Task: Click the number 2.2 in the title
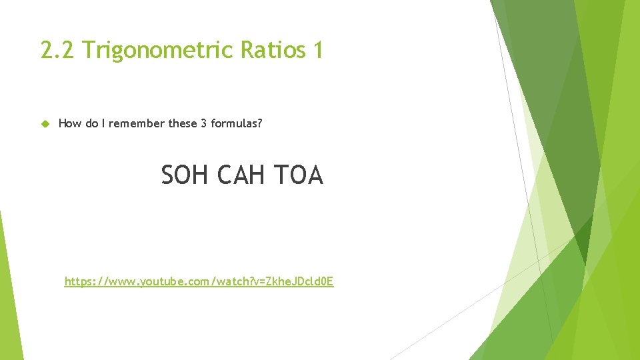[57, 50]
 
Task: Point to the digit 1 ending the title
[317, 50]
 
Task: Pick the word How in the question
[71, 123]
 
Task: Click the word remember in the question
[137, 123]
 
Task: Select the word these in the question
[183, 123]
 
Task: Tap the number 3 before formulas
[203, 123]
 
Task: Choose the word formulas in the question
[233, 123]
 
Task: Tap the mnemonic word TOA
[298, 175]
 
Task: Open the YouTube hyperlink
[199, 281]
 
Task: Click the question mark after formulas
[259, 123]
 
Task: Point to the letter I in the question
[103, 123]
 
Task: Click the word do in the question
[91, 123]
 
